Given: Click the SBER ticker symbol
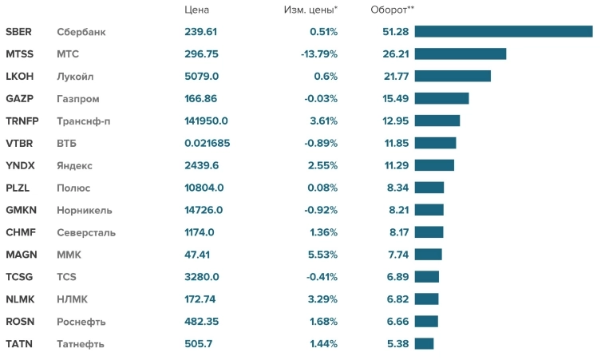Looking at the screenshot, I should coord(18,32).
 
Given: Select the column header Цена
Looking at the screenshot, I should coord(196,10).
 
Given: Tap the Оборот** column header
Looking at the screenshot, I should coord(393,10).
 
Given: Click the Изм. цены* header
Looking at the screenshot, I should coord(310,10).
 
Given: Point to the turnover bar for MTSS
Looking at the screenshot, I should coord(461,54).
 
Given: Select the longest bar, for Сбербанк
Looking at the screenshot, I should coord(503,32).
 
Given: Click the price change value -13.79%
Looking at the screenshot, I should coord(319,54).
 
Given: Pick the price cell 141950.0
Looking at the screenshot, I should coord(206,121).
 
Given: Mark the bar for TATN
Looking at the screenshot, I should coord(424,344).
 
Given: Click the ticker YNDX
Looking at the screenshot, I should coord(19,166).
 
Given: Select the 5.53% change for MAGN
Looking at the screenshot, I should coord(323,255).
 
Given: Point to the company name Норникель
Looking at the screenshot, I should coord(85,211).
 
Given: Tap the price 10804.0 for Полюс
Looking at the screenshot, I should coord(204,188).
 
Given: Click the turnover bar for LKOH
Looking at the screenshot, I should coord(453,77).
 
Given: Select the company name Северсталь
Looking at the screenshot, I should coord(86,233).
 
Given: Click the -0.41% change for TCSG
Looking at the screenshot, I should coord(322,277).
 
